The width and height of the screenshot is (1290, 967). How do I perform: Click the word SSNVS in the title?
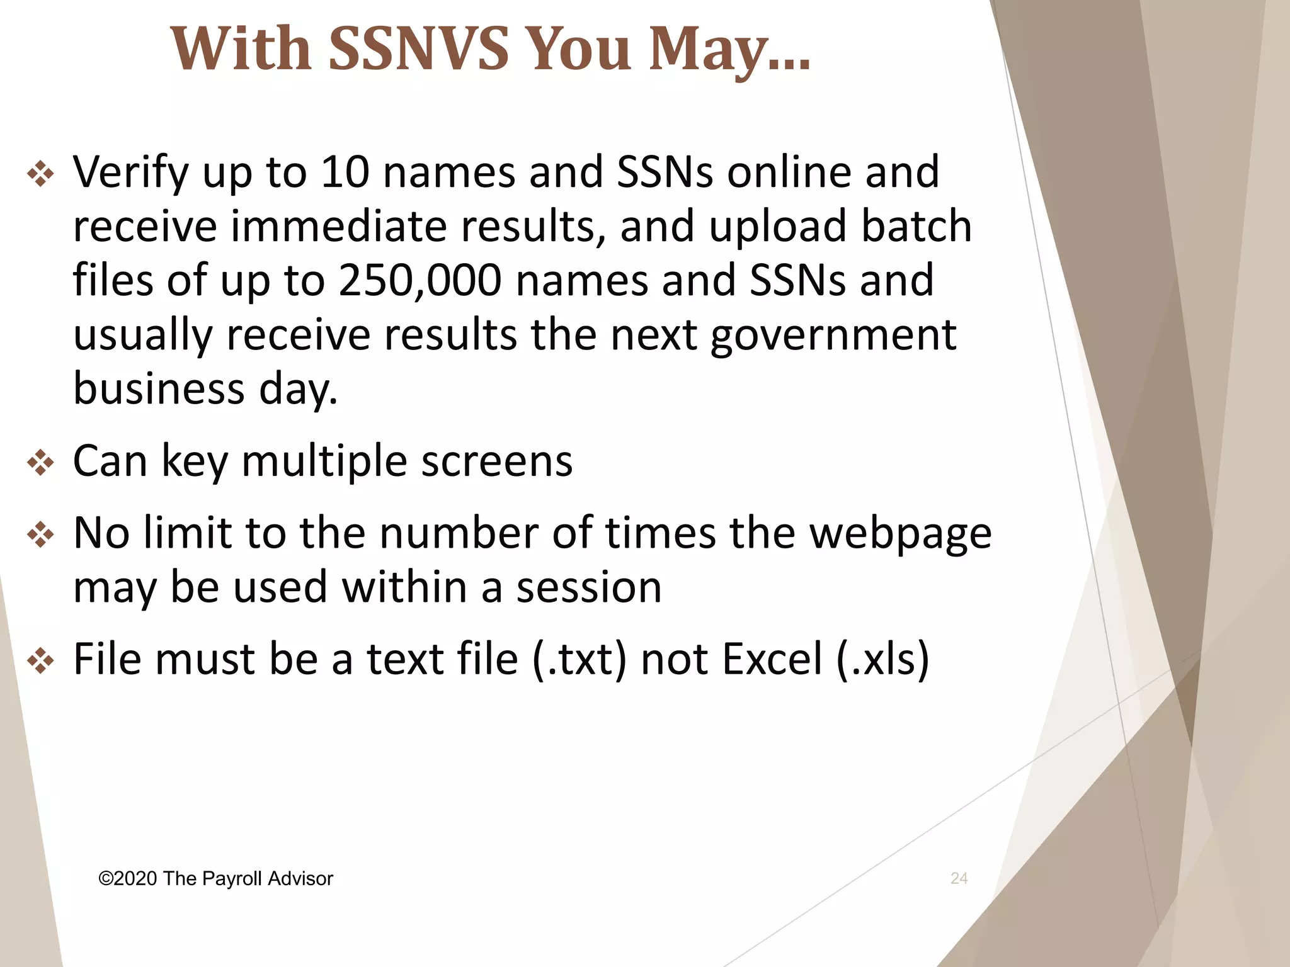click(x=418, y=49)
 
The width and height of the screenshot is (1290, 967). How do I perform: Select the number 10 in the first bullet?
click(x=345, y=171)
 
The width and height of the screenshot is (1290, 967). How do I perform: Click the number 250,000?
click(x=420, y=280)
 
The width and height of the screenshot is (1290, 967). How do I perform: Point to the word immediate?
click(x=339, y=226)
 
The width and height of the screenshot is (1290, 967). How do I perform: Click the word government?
click(x=833, y=336)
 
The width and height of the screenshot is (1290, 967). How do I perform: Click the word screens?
click(x=497, y=461)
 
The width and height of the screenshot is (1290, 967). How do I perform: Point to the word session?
click(x=589, y=587)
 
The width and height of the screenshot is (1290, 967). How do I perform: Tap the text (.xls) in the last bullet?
click(x=882, y=659)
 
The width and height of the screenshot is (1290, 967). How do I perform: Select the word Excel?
click(x=772, y=659)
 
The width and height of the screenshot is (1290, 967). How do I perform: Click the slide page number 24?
click(x=959, y=878)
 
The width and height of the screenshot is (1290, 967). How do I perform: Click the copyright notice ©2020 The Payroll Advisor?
click(x=215, y=879)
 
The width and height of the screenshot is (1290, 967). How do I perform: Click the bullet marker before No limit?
click(x=41, y=535)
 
